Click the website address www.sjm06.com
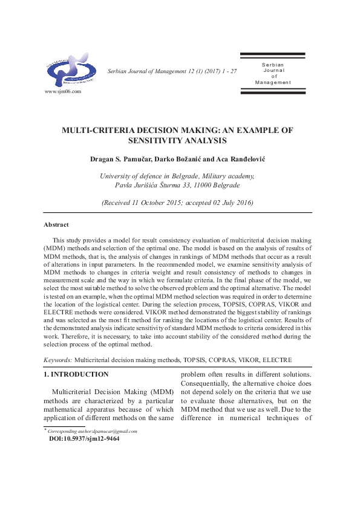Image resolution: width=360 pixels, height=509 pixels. tap(63, 92)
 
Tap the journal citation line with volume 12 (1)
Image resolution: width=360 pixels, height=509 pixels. tap(171, 71)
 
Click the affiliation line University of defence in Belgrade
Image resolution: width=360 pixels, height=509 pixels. tap(177, 176)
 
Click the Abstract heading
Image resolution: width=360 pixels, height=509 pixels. tap(56, 224)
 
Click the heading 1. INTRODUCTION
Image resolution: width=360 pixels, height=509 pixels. tap(76, 374)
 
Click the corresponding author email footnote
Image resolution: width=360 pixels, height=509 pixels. tap(93, 431)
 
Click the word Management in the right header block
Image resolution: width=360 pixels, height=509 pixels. tap(273, 82)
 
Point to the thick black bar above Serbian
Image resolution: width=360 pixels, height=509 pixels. tap(277, 55)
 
